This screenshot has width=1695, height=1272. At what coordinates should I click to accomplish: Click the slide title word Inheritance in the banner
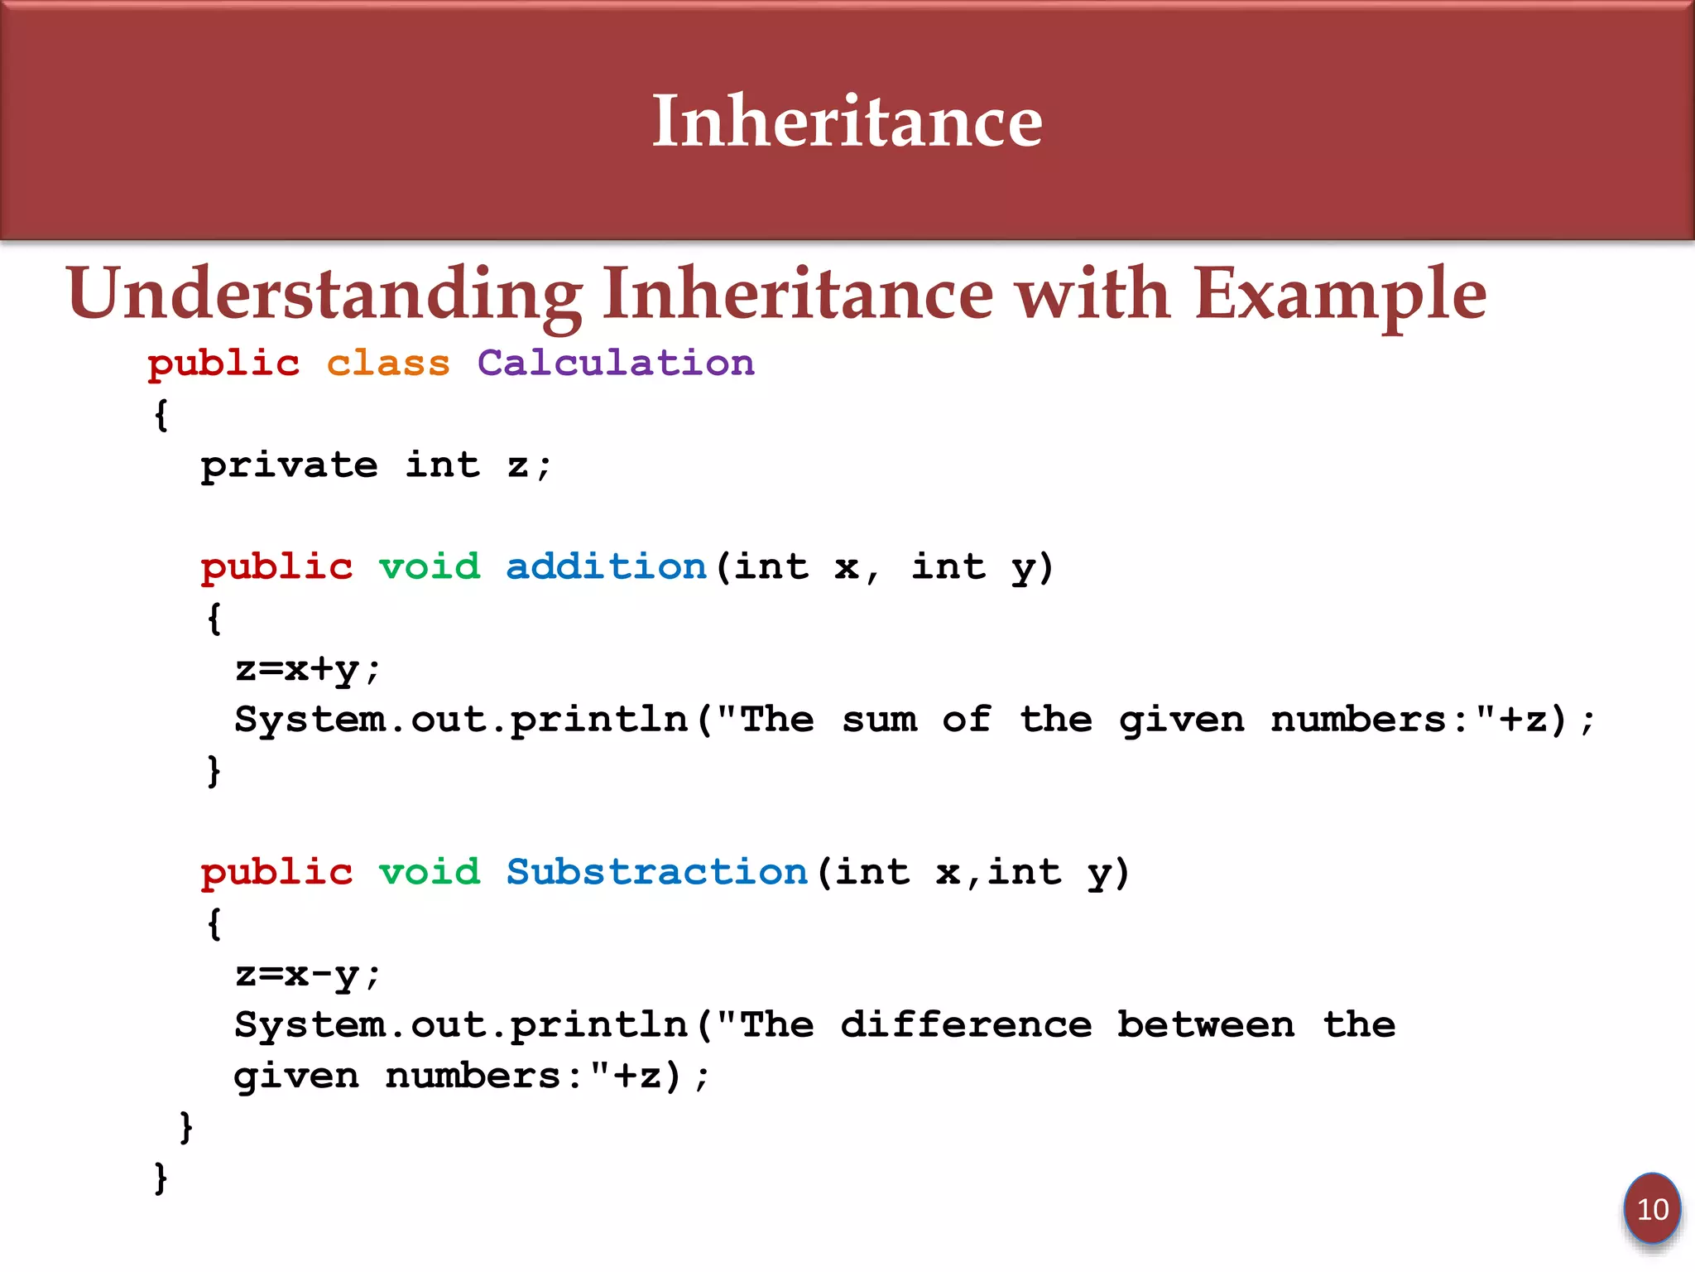tap(847, 121)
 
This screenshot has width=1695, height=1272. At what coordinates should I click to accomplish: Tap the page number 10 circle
tap(1652, 1210)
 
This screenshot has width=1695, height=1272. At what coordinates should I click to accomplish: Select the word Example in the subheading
tap(1340, 294)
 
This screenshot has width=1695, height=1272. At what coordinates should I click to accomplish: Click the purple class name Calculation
tap(616, 363)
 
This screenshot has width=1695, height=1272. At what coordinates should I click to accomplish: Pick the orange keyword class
tap(388, 363)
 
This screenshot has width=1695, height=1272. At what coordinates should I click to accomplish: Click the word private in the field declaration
tap(289, 465)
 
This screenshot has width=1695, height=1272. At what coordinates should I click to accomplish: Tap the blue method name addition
tap(606, 566)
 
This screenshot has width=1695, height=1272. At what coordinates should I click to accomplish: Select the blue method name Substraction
tap(656, 872)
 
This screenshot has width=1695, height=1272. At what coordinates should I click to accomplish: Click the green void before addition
tap(430, 566)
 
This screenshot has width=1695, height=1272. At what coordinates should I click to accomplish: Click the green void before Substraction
tap(430, 872)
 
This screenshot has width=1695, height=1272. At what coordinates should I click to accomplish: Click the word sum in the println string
tap(879, 720)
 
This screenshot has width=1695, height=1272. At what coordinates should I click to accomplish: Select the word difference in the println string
tap(966, 1025)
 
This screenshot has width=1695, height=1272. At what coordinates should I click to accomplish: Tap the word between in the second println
tap(1206, 1025)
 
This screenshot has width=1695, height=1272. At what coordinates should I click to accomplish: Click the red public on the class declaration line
tap(223, 363)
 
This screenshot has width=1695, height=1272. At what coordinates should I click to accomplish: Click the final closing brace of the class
tap(161, 1177)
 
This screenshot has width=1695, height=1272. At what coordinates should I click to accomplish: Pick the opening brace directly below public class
tap(161, 414)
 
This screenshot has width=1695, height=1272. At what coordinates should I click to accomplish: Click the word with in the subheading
tap(1092, 294)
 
